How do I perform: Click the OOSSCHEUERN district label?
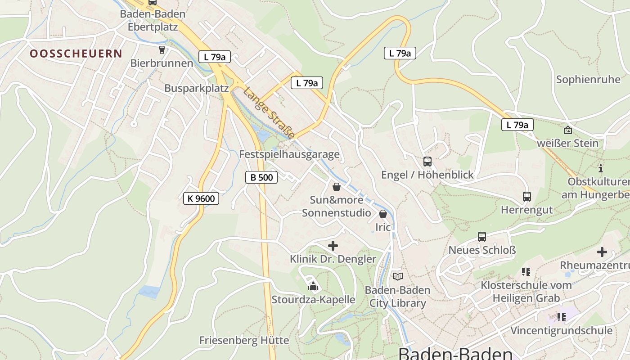[x=76, y=54]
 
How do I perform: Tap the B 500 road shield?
[x=261, y=177]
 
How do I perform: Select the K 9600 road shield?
[x=201, y=198]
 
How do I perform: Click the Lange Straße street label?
[x=269, y=113]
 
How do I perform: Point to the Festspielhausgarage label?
[x=289, y=154]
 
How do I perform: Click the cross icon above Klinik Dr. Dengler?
[x=333, y=246]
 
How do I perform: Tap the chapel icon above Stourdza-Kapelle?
[x=313, y=286]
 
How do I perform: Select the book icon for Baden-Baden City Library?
[x=397, y=276]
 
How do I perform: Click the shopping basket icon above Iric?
[x=383, y=214]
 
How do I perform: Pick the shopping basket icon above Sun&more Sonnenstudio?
[x=336, y=186]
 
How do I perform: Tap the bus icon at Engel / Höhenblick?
[x=427, y=161]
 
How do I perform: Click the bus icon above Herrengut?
[x=526, y=196]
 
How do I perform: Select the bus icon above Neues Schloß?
[x=481, y=236]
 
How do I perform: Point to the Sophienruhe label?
[x=588, y=80]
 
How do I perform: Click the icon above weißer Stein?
[x=568, y=130]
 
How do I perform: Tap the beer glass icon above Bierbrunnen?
[x=162, y=49]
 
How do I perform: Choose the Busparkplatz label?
[x=196, y=88]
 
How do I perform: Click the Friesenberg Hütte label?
[x=244, y=340]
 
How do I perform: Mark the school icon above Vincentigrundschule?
[x=561, y=317]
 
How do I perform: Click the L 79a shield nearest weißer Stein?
[x=517, y=125]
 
